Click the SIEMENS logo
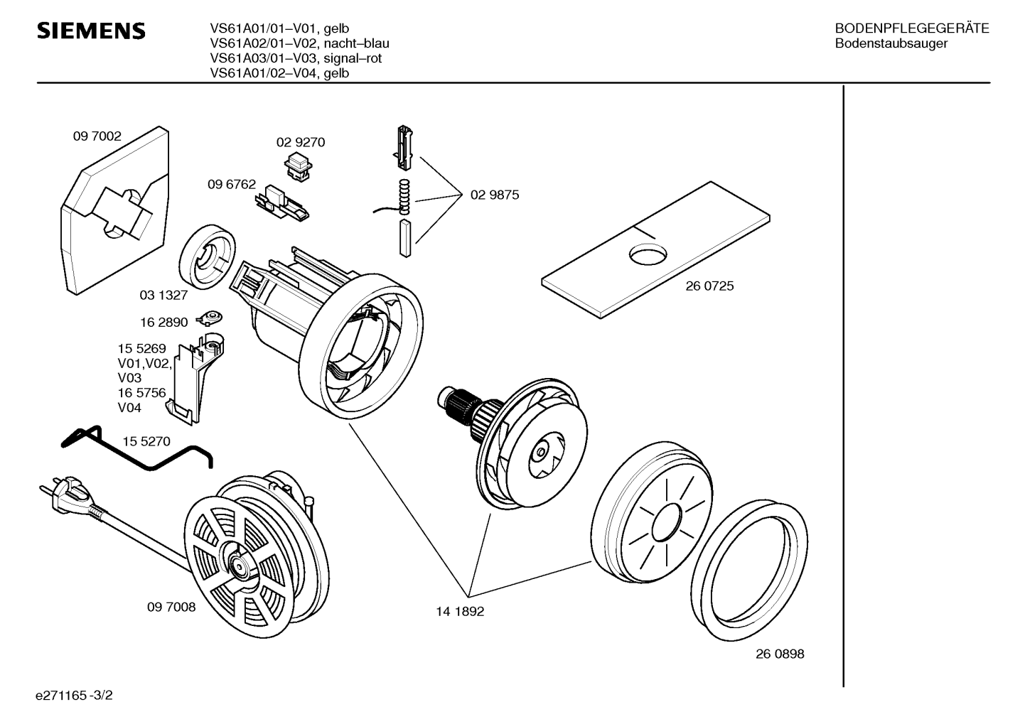[91, 31]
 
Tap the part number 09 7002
[97, 136]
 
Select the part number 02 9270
[301, 142]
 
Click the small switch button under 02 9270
[299, 167]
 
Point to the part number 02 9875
[495, 195]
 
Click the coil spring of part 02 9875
[404, 197]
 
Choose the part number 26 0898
[780, 654]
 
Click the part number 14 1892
[460, 612]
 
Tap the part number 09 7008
[171, 607]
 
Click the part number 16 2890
[163, 323]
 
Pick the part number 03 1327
[163, 295]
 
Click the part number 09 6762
[232, 184]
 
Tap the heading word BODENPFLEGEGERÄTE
[912, 28]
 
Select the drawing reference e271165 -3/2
[74, 696]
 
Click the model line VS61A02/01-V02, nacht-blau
[300, 43]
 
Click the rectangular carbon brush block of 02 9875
[405, 238]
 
